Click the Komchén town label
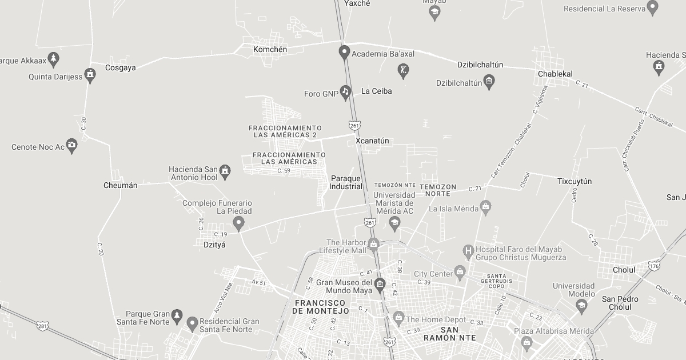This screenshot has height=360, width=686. coord(270,50)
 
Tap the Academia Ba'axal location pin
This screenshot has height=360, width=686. coord(344,53)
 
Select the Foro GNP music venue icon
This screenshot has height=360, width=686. coord(345,91)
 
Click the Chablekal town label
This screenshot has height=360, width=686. coord(555,74)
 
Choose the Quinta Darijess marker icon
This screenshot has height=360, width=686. coord(90,74)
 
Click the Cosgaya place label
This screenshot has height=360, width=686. coord(121,67)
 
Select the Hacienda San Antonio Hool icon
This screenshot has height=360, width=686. coord(226,171)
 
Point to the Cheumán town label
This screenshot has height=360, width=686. coord(120,185)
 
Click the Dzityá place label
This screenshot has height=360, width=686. coord(214,245)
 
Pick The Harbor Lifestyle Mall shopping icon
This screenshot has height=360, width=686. coord(373,245)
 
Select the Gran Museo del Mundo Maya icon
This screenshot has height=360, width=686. coord(380,284)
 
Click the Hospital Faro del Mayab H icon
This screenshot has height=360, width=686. coord(468,250)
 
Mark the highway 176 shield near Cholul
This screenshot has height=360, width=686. coord(655,266)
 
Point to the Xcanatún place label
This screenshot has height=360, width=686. coord(372,141)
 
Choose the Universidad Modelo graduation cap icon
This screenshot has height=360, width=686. coord(581,305)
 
